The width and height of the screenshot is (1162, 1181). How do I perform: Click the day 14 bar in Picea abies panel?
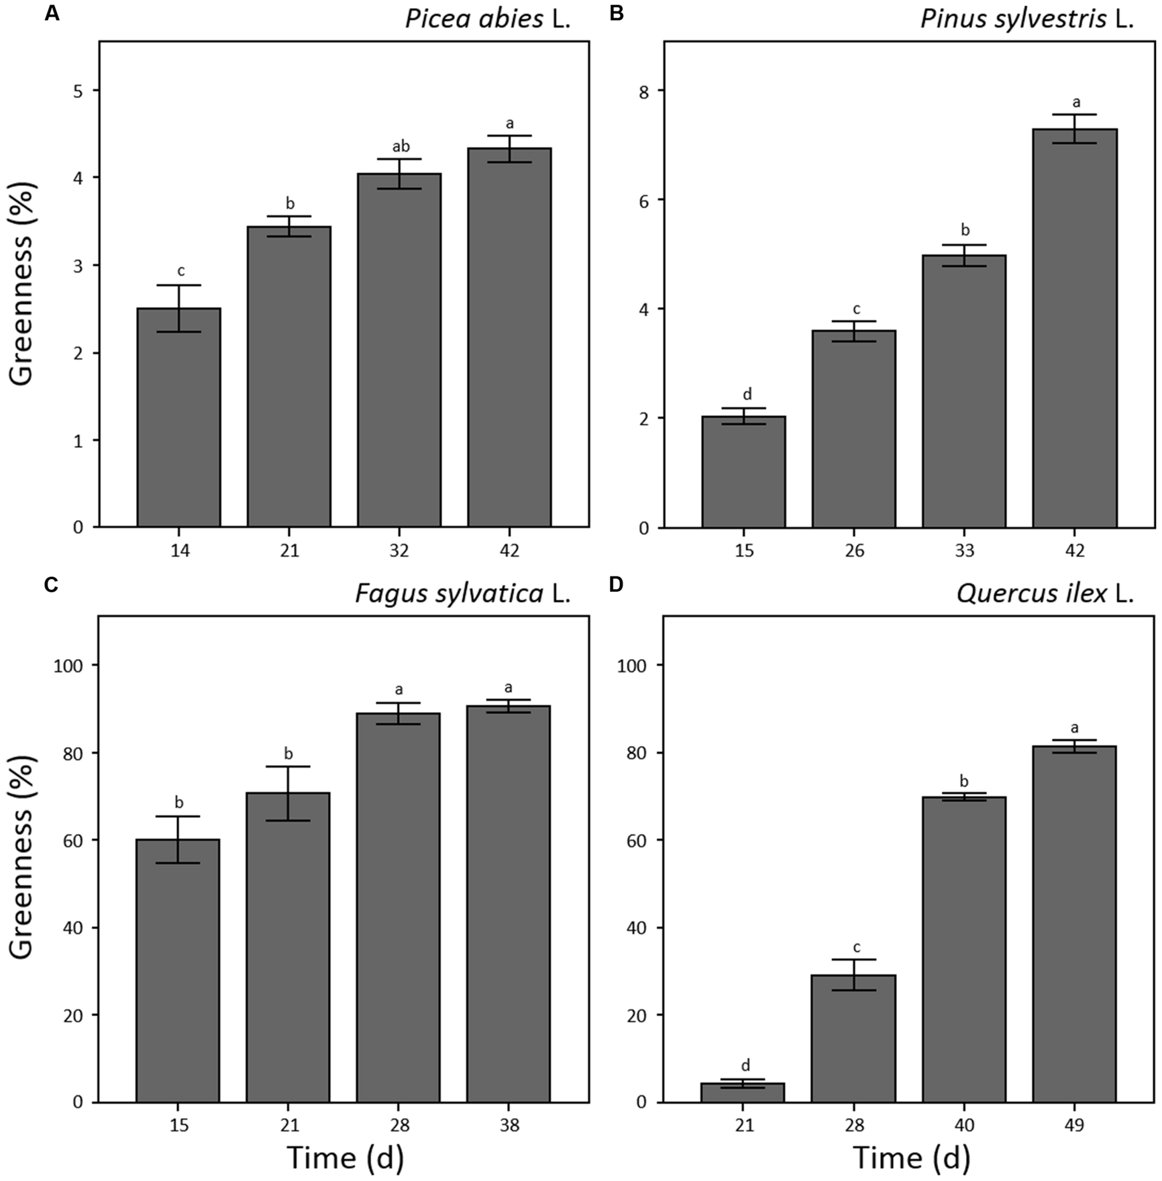point(179,417)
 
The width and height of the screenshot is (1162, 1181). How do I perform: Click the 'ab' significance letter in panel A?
point(400,146)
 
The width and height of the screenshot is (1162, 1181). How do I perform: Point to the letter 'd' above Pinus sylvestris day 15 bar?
point(747,394)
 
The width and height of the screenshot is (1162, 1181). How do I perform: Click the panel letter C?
point(52,585)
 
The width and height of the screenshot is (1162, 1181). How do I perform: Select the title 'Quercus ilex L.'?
point(1045,594)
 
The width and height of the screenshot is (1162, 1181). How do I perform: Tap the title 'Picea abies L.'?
point(488,19)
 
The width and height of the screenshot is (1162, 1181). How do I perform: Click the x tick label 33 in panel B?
point(964,551)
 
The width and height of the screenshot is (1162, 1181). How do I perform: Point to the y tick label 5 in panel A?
point(78,91)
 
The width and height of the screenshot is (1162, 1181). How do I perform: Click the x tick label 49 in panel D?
point(1074,1125)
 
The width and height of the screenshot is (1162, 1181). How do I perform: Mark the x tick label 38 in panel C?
point(509,1125)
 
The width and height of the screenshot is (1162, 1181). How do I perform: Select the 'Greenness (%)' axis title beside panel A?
point(23,284)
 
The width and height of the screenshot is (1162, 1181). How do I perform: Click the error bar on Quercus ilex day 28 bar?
point(854,975)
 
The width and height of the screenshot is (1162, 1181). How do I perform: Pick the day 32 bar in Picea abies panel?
point(399,350)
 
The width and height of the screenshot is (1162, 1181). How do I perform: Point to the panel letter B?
point(616,13)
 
